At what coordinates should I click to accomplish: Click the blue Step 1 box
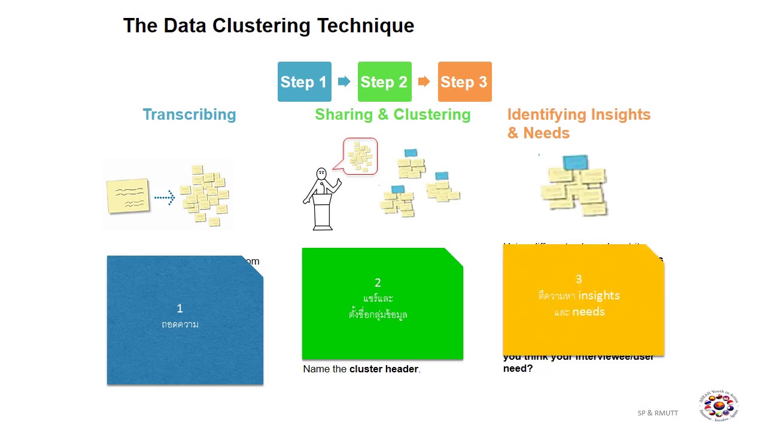point(304,82)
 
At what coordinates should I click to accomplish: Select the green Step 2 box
point(384,82)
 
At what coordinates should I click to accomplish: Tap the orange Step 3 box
point(464,82)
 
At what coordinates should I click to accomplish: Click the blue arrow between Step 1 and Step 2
point(344,81)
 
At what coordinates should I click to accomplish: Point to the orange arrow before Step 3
point(424,81)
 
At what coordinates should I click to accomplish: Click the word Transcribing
point(189,115)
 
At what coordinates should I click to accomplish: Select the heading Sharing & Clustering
point(393,115)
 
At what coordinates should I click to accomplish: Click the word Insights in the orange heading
point(620,115)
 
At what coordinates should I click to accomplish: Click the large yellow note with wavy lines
point(127,195)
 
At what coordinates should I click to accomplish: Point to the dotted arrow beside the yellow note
point(164,197)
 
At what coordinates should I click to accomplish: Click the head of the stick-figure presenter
point(321,174)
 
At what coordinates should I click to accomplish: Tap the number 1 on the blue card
point(180,308)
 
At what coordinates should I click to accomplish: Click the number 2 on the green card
point(378,283)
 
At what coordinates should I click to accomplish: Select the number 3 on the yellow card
point(579,279)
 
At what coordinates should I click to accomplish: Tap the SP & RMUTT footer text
point(658,413)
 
